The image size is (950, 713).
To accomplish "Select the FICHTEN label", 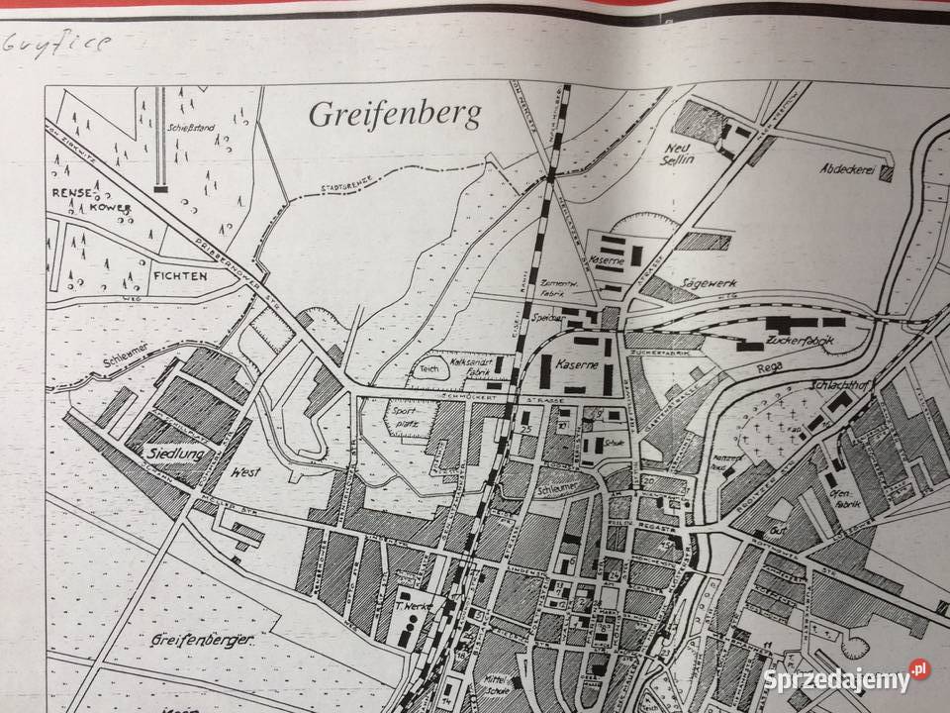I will coord(179,276).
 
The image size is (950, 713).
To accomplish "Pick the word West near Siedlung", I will coord(243,473).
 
